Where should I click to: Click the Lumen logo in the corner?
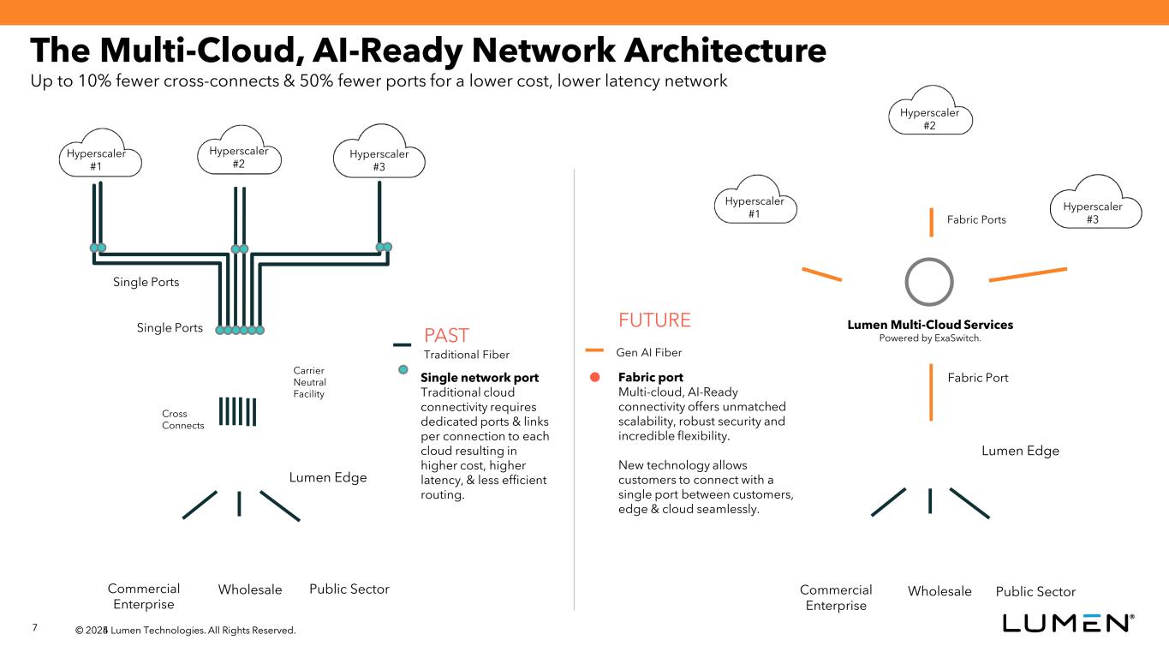[1069, 623]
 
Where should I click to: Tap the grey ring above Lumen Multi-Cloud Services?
[929, 282]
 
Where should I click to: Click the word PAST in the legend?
[446, 334]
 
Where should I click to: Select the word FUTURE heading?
[654, 320]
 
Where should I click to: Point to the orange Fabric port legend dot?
[594, 378]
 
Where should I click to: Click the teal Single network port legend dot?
[403, 370]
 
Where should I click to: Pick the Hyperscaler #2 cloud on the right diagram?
[929, 115]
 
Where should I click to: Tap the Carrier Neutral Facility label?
[309, 383]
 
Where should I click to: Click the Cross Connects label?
[182, 420]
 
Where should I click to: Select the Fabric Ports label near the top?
[976, 220]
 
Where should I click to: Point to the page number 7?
[34, 628]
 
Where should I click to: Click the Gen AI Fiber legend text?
[649, 352]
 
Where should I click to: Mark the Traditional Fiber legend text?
[467, 354]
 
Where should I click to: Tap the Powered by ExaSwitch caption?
[929, 338]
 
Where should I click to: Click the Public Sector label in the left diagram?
[349, 589]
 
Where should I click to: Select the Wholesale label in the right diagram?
[939, 591]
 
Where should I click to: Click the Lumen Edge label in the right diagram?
[1020, 451]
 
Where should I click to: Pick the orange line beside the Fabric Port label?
[931, 392]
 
